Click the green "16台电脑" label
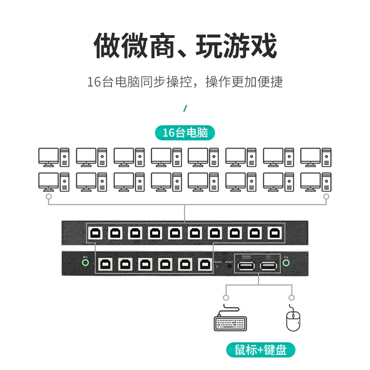[x=185, y=133]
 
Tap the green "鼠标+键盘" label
[x=261, y=350]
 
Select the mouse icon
[x=292, y=321]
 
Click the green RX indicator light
[x=85, y=263]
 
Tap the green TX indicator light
[x=286, y=263]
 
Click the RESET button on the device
[x=229, y=265]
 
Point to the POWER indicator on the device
[x=218, y=266]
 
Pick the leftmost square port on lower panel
[x=105, y=264]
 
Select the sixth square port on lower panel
[x=204, y=264]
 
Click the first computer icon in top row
[x=54, y=157]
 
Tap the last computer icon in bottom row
[x=316, y=182]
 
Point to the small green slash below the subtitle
[x=185, y=109]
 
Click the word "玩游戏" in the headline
[x=236, y=46]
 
